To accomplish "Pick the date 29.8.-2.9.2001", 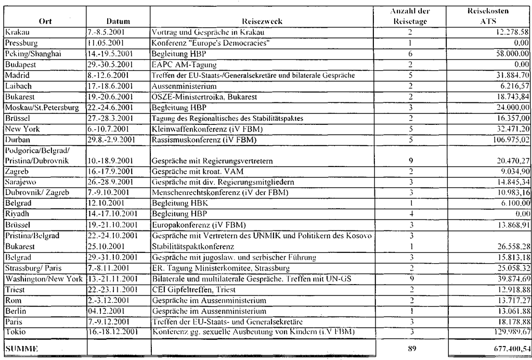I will click(x=111, y=140).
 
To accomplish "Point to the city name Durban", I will click(x=16, y=140).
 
